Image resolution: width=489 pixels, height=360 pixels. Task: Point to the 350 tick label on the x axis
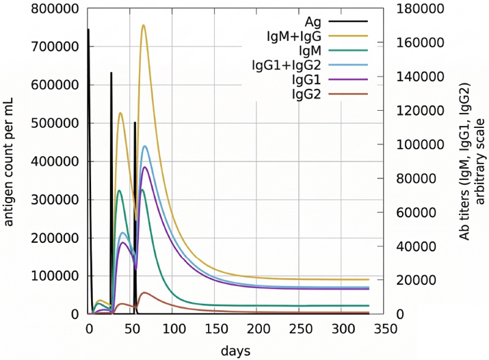pyautogui.click(x=383, y=329)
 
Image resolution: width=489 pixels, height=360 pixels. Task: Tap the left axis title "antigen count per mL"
pyautogui.click(x=10, y=161)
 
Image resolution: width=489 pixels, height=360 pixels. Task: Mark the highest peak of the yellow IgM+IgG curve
pyautogui.click(x=143, y=25)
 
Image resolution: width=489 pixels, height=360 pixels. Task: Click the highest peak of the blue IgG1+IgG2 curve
pyautogui.click(x=145, y=146)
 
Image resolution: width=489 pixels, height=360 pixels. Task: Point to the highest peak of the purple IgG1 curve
pyautogui.click(x=144, y=167)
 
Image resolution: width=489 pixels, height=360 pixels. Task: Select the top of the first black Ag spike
pyautogui.click(x=88, y=29)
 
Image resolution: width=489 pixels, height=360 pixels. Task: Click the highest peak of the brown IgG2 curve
pyautogui.click(x=144, y=292)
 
